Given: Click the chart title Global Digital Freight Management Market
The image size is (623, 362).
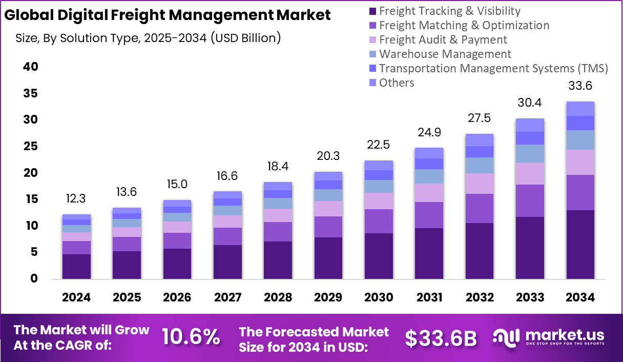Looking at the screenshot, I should click(x=167, y=15).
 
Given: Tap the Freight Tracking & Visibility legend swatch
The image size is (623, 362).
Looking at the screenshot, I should click(x=372, y=11).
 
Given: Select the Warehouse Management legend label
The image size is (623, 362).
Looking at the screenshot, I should click(x=445, y=54).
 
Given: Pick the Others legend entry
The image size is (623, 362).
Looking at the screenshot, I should click(x=397, y=83).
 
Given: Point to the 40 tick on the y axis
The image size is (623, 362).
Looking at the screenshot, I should click(x=30, y=67).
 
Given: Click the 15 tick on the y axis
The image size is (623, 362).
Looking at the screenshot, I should click(x=30, y=199).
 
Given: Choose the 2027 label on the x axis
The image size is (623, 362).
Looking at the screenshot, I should click(x=227, y=297).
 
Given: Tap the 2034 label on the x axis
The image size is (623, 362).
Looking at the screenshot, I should click(x=580, y=297).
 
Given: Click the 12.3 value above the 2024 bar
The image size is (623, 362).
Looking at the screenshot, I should click(x=76, y=198).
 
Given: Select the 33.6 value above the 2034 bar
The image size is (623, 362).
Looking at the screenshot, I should click(x=580, y=85).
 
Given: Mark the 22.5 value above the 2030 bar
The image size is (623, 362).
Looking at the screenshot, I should click(x=379, y=145).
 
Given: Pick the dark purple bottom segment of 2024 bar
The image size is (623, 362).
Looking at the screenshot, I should click(x=76, y=266).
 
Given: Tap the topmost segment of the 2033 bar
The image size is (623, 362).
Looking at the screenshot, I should click(x=530, y=125).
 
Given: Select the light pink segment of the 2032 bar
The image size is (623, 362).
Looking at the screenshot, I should click(x=480, y=183).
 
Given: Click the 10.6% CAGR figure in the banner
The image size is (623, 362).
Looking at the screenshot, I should click(x=191, y=337).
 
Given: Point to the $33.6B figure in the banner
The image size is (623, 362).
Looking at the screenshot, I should click(x=441, y=338).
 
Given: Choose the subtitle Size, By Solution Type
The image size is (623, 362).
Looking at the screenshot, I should click(x=148, y=38).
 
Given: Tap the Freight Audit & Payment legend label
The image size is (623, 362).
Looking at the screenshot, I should click(x=443, y=39).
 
